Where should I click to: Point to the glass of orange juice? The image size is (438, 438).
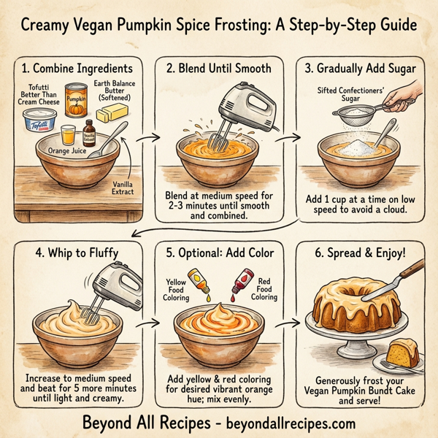[x=67, y=135]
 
